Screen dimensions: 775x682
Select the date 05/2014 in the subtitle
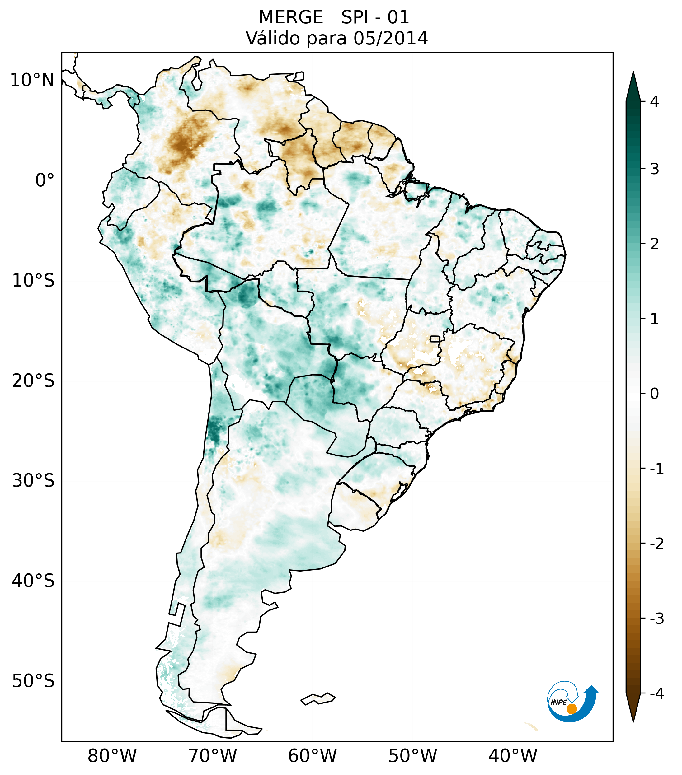[390, 38]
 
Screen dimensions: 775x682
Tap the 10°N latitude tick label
[32, 80]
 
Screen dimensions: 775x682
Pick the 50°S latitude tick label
[33, 681]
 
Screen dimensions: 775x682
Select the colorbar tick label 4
[654, 102]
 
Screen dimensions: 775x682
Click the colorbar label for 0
[654, 394]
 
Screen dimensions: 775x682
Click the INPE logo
[572, 701]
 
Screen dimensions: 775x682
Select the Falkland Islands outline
[318, 699]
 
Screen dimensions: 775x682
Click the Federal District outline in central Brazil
[435, 338]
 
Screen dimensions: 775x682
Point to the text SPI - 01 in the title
[375, 17]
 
